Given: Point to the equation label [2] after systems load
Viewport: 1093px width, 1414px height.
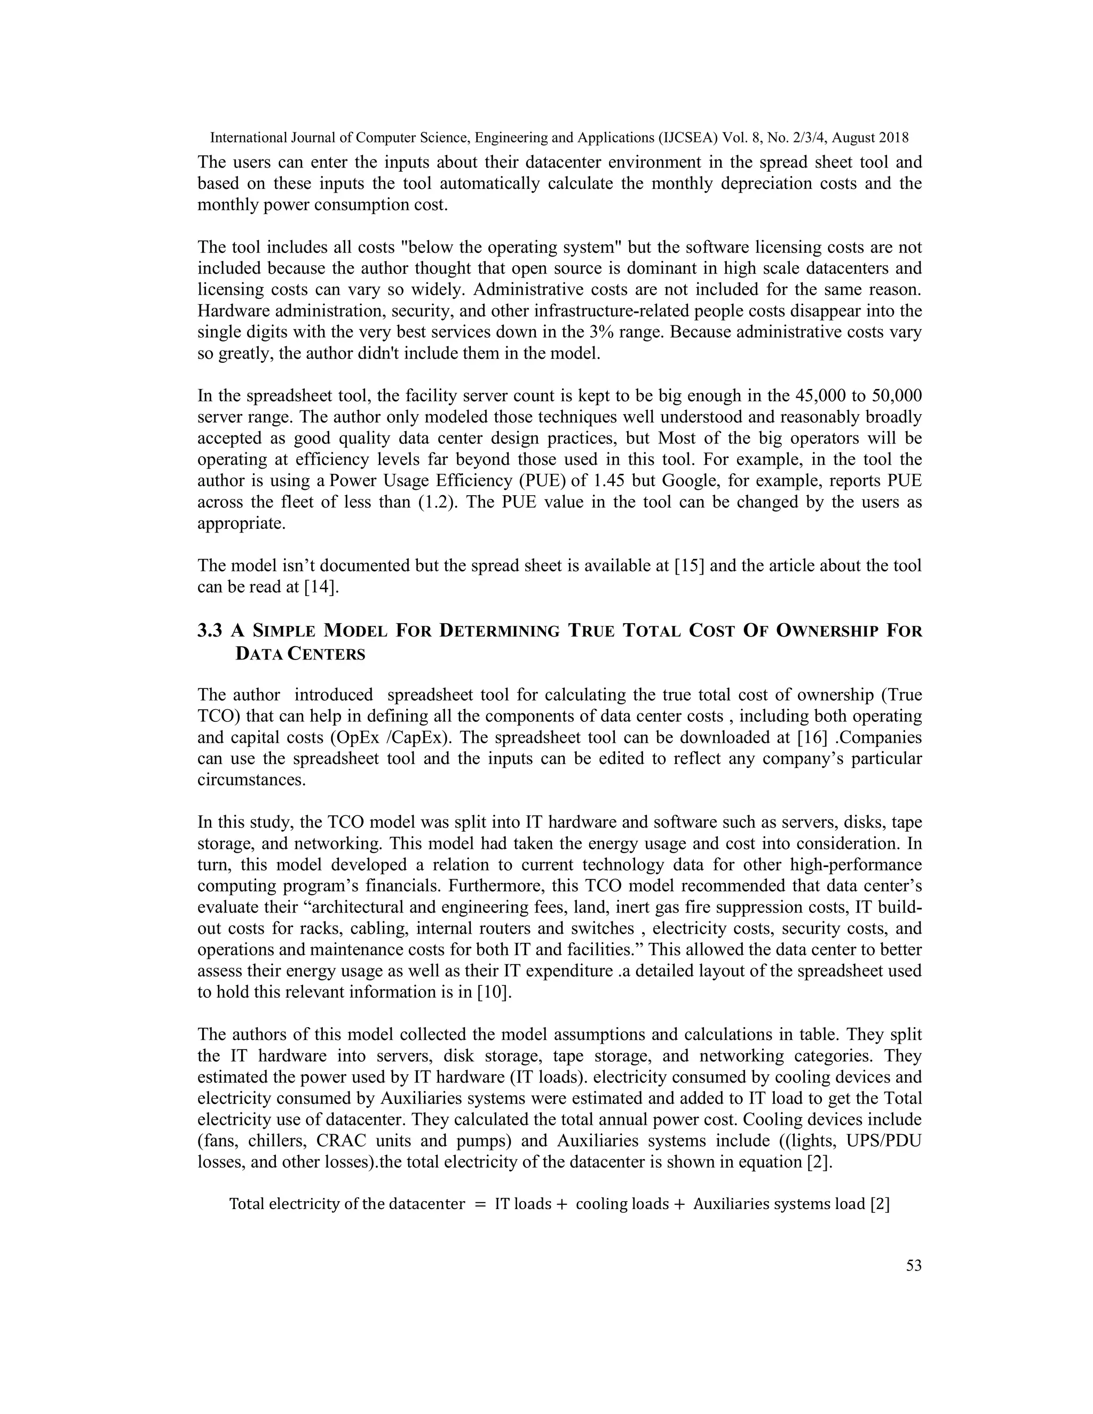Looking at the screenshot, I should coord(880,1204).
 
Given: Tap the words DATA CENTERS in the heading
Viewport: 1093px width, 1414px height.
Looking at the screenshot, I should coord(300,654).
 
